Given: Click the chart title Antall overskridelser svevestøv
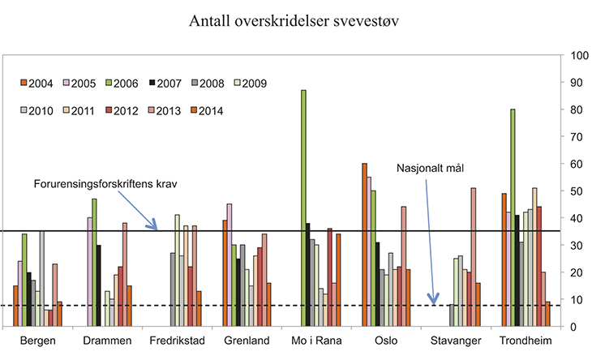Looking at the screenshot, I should tap(296, 19).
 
